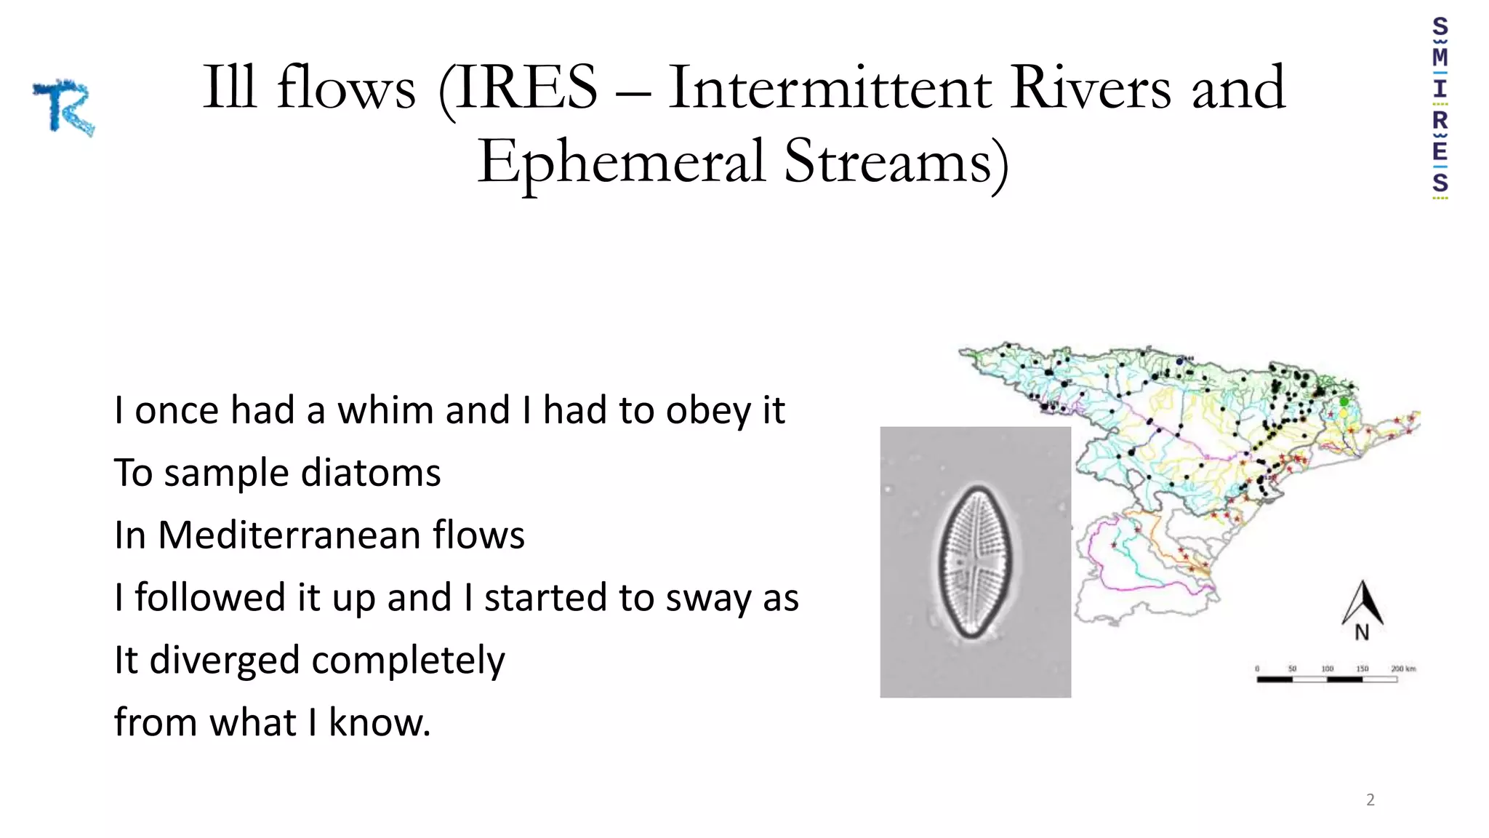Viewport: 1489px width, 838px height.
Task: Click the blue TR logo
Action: (x=64, y=108)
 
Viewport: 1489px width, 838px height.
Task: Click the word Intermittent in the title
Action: (x=830, y=88)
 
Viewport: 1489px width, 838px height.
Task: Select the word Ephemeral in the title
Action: (x=622, y=161)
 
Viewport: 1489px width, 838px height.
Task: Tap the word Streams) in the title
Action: (x=896, y=161)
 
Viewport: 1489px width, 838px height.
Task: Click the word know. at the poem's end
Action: (x=380, y=723)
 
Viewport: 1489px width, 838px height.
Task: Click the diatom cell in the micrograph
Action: (x=975, y=562)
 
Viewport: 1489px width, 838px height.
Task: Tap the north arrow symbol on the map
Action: (x=1362, y=602)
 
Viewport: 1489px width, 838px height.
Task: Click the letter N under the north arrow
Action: (x=1362, y=634)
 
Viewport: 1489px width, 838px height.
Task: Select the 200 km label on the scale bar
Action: (x=1403, y=669)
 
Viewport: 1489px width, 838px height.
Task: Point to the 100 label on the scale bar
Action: (x=1327, y=669)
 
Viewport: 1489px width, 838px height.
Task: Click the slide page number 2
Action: (x=1370, y=800)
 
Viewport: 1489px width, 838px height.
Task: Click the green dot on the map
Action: (x=1344, y=402)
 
